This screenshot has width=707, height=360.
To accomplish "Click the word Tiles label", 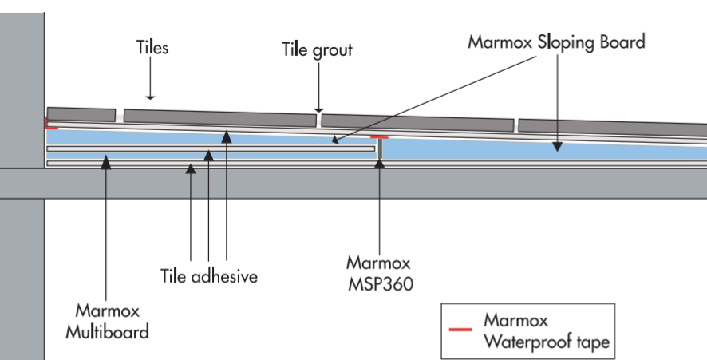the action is (x=152, y=47).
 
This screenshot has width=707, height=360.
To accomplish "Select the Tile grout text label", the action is (x=317, y=50).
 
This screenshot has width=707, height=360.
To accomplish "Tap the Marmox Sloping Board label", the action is (x=556, y=42).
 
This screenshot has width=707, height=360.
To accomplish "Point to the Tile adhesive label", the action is (x=209, y=276).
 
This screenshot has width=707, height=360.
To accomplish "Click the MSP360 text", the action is (x=381, y=284).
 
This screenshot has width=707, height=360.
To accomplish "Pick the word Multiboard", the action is (x=107, y=333).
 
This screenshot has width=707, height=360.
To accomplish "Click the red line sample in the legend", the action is (x=460, y=330).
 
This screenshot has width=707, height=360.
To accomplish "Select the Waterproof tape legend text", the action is (x=547, y=342).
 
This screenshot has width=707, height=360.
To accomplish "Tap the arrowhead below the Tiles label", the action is (x=151, y=97).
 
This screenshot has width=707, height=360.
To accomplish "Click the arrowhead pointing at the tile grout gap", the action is (x=318, y=109).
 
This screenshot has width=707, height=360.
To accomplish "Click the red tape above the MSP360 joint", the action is (x=379, y=137).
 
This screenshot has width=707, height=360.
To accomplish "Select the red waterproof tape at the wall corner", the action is (x=50, y=123).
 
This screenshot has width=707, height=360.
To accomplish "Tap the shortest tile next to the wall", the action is (x=81, y=114).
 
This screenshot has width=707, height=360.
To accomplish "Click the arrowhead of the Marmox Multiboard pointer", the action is (x=106, y=162).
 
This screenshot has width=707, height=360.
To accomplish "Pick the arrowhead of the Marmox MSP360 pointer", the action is (x=380, y=163).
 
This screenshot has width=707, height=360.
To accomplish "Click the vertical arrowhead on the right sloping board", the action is (x=557, y=146).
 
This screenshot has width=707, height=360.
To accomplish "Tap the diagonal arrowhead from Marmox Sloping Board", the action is (x=336, y=140).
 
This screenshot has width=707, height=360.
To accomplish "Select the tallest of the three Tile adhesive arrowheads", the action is (x=227, y=136).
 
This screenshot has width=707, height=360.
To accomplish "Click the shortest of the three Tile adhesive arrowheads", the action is (x=191, y=168).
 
